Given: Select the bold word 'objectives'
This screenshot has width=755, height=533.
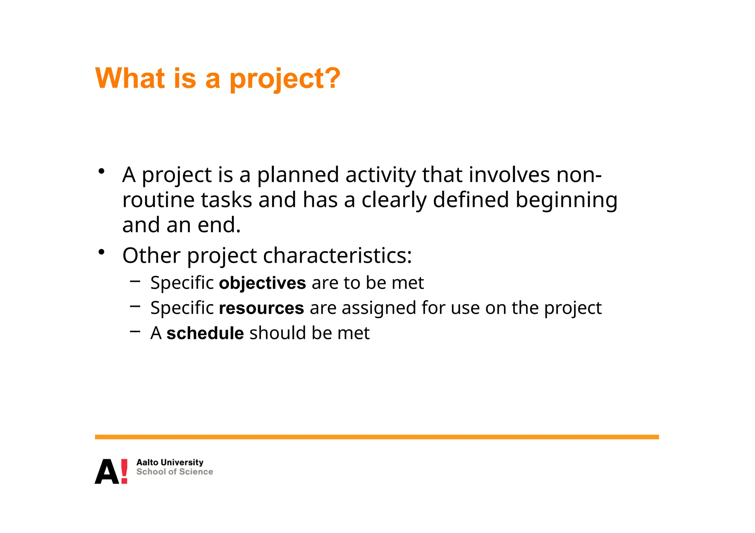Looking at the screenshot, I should pos(262,283).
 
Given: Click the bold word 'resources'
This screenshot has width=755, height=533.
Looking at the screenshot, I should pos(261,308).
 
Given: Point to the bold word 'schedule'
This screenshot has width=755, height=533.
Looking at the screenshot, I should pos(205,333).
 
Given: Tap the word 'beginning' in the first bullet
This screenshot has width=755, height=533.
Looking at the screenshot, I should pos(566,200).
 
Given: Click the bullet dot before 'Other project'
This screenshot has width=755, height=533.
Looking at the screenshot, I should pos(102,252).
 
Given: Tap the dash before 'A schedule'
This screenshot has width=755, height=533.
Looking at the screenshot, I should pos(135,331).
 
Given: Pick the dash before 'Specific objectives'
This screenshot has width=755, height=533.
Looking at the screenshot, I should pos(135,281).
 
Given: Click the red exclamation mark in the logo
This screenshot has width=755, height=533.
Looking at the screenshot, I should pos(124,471).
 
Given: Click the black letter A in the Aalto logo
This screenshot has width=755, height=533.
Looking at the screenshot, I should pos(107,472).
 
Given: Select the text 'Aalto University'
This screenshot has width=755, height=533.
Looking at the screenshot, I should pos(170,462).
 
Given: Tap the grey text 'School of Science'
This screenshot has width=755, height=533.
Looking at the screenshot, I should pos(174,472).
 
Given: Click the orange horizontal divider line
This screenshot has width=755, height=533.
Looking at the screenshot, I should pos(376,437).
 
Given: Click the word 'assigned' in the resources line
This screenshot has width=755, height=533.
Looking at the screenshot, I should pos(379,308).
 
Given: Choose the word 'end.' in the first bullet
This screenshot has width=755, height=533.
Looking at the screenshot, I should pos(219,225).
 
